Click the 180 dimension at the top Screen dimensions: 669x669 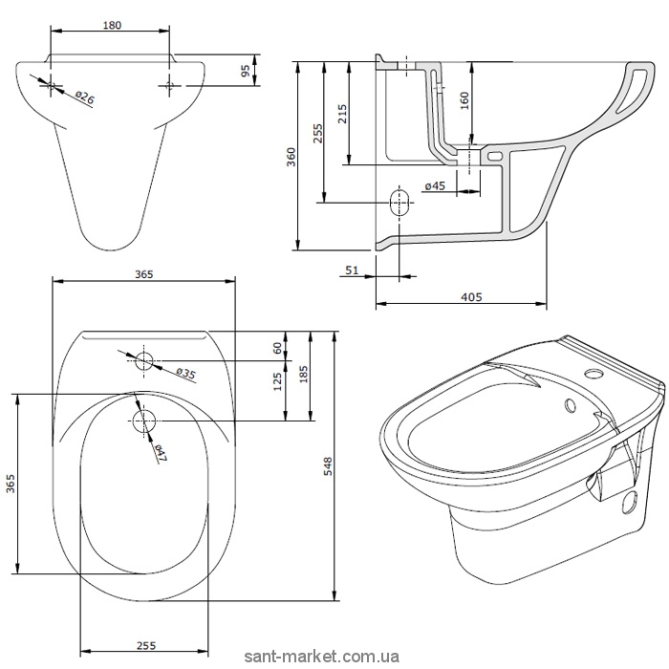click(112, 25)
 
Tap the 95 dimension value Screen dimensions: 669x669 click(246, 71)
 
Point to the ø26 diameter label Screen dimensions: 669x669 click(84, 98)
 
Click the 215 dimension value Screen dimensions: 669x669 click(342, 114)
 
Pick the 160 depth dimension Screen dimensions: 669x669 click(464, 100)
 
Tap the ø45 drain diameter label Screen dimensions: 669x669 click(435, 185)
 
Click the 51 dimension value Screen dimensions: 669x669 click(352, 270)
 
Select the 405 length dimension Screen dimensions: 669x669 click(471, 296)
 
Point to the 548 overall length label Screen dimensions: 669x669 click(328, 466)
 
